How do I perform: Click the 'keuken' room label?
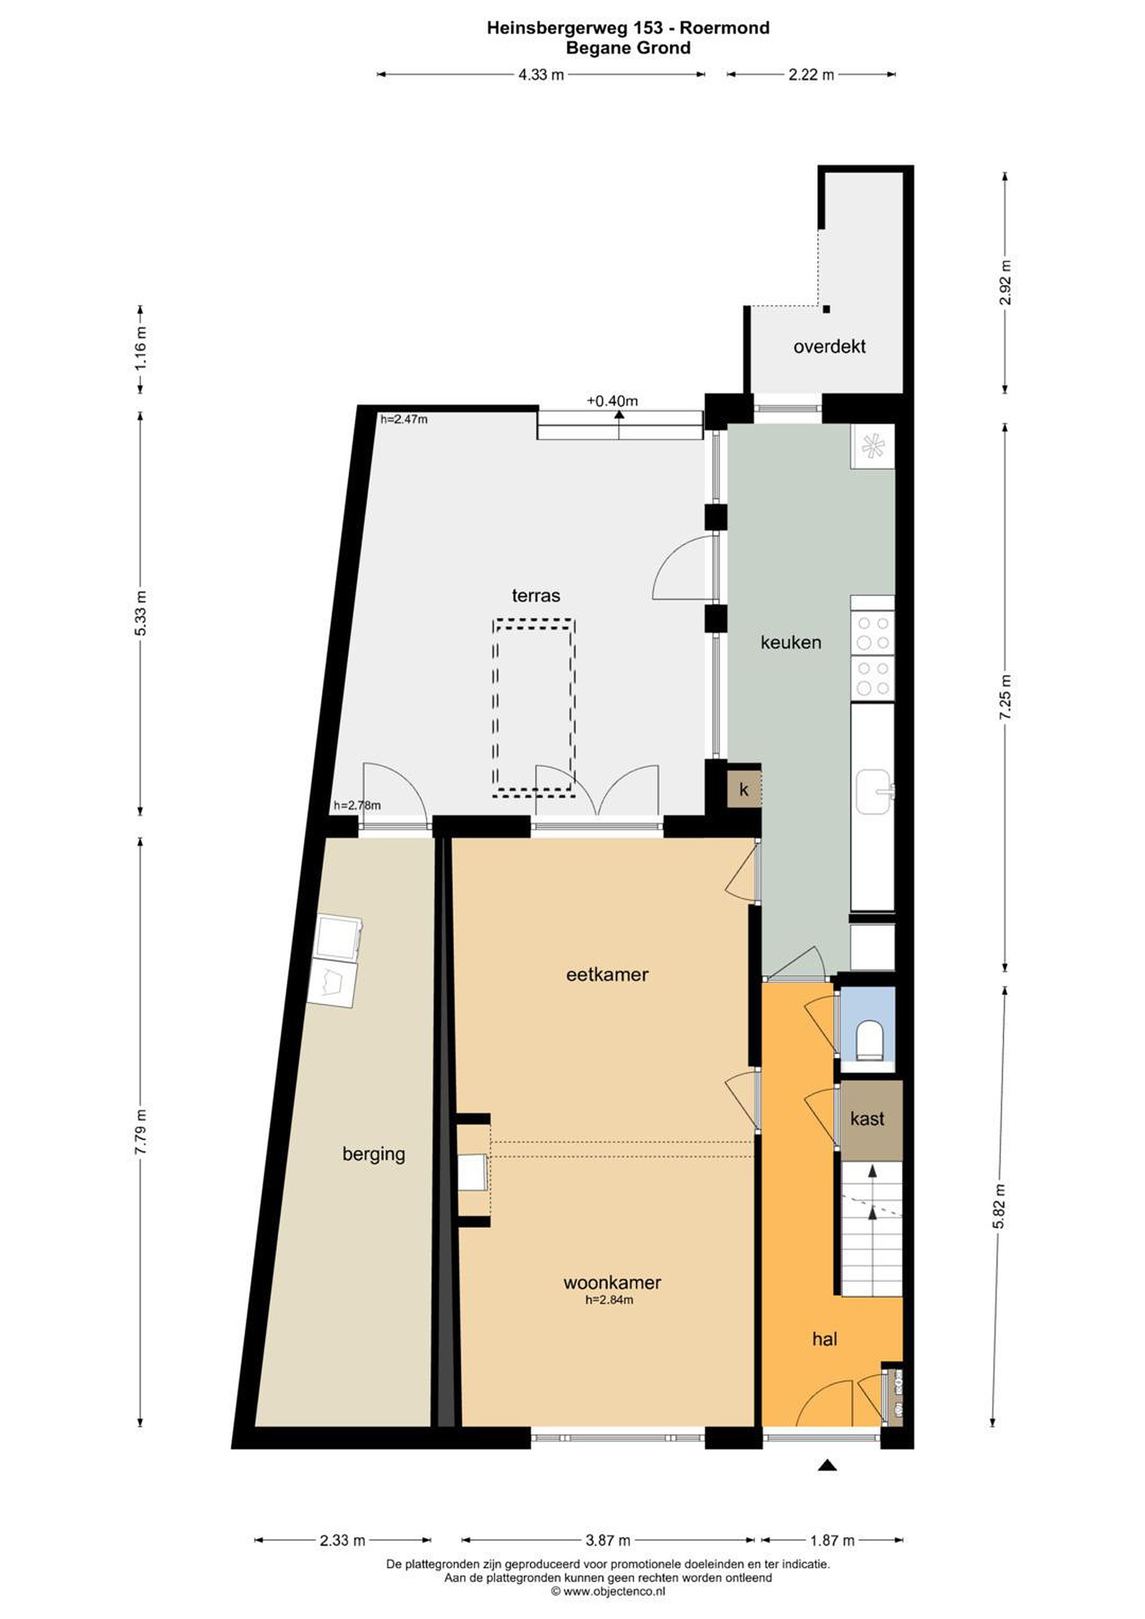click(x=790, y=643)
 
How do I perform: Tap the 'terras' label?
click(x=535, y=596)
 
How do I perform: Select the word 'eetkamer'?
click(x=607, y=975)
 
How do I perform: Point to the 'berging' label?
click(x=373, y=1154)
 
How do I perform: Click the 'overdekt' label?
click(x=829, y=347)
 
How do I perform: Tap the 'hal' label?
click(x=824, y=1338)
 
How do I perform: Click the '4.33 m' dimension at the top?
click(x=541, y=75)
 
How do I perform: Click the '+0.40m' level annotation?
click(x=612, y=401)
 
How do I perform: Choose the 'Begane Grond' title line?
click(x=628, y=48)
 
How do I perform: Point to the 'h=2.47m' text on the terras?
click(x=404, y=419)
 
